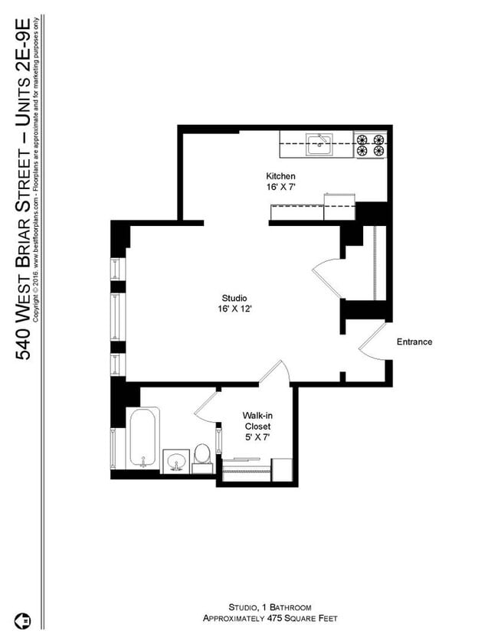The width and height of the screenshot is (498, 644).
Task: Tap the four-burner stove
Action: click(370, 145)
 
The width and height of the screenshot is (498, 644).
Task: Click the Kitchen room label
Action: click(280, 176)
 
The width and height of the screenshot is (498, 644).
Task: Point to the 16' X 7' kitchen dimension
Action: click(280, 187)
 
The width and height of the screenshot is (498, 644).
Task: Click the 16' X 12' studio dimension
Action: click(235, 309)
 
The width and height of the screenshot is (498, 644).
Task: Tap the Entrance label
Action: click(414, 342)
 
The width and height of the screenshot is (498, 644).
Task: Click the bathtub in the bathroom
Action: click(143, 439)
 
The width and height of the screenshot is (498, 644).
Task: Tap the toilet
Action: click(202, 453)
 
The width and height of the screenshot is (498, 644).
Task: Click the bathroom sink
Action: click(177, 461)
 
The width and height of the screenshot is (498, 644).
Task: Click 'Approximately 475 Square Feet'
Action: click(269, 617)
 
